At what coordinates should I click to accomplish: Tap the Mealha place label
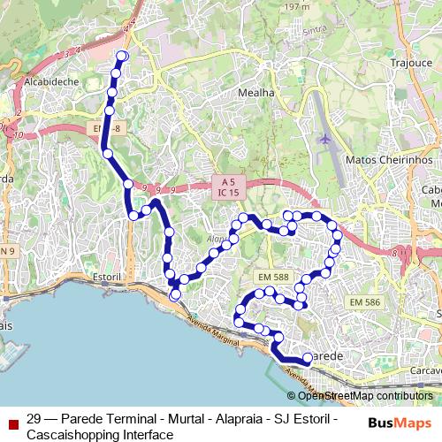256,92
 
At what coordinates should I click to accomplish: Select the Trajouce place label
409,64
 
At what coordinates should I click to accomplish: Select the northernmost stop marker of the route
122,56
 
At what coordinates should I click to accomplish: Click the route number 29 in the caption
34,419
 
